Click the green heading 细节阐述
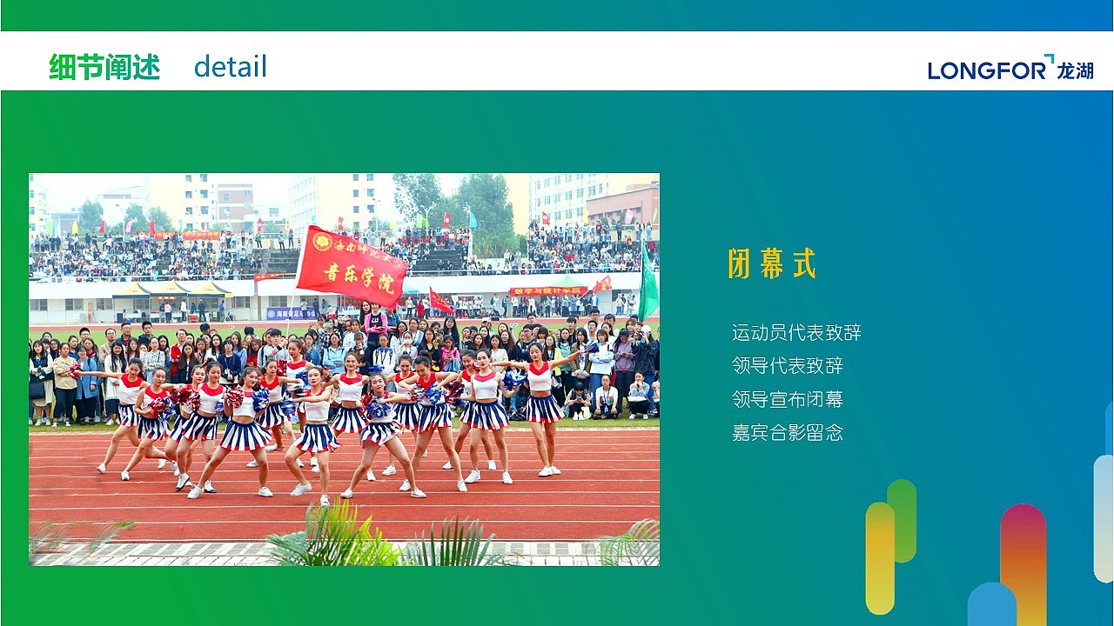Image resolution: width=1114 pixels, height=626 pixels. click(104, 67)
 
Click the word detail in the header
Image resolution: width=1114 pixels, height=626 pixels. click(230, 67)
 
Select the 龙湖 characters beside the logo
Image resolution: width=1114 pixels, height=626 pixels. click(1075, 70)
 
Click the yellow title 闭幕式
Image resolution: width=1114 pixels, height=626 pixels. click(772, 264)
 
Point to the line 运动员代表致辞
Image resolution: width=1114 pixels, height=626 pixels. click(796, 333)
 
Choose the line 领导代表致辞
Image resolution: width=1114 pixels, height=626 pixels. click(788, 366)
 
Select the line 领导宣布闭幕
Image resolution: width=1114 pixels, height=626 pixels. click(788, 399)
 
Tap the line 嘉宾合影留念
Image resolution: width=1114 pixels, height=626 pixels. click(788, 432)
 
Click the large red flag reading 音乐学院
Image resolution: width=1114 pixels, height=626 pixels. click(352, 266)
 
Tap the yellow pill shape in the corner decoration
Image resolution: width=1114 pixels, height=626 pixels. click(880, 556)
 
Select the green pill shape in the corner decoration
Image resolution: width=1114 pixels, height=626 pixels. click(902, 520)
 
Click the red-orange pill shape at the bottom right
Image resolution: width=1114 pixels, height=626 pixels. click(1023, 556)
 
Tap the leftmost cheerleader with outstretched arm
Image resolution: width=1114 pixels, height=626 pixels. click(126, 409)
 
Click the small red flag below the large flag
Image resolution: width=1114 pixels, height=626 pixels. click(440, 303)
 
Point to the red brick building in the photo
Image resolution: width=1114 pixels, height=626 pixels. click(622, 205)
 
